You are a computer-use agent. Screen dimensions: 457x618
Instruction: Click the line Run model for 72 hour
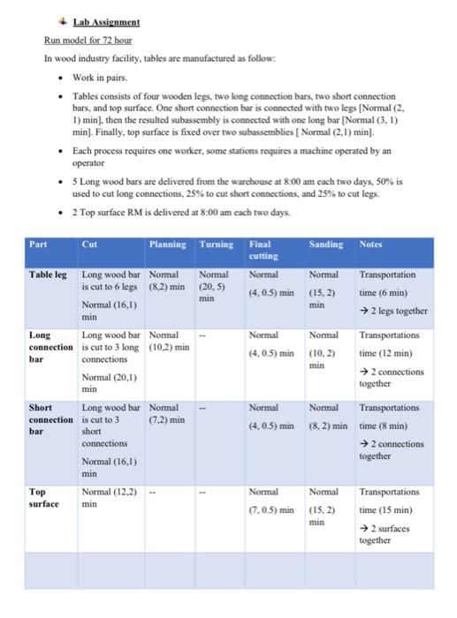coord(88,40)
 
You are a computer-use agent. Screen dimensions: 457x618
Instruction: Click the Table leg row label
coord(48,275)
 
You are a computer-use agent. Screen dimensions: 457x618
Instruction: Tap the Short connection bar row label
coord(50,419)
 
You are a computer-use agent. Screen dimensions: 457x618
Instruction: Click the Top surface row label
coord(44,497)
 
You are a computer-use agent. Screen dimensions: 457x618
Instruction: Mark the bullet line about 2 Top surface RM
coord(170,213)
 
